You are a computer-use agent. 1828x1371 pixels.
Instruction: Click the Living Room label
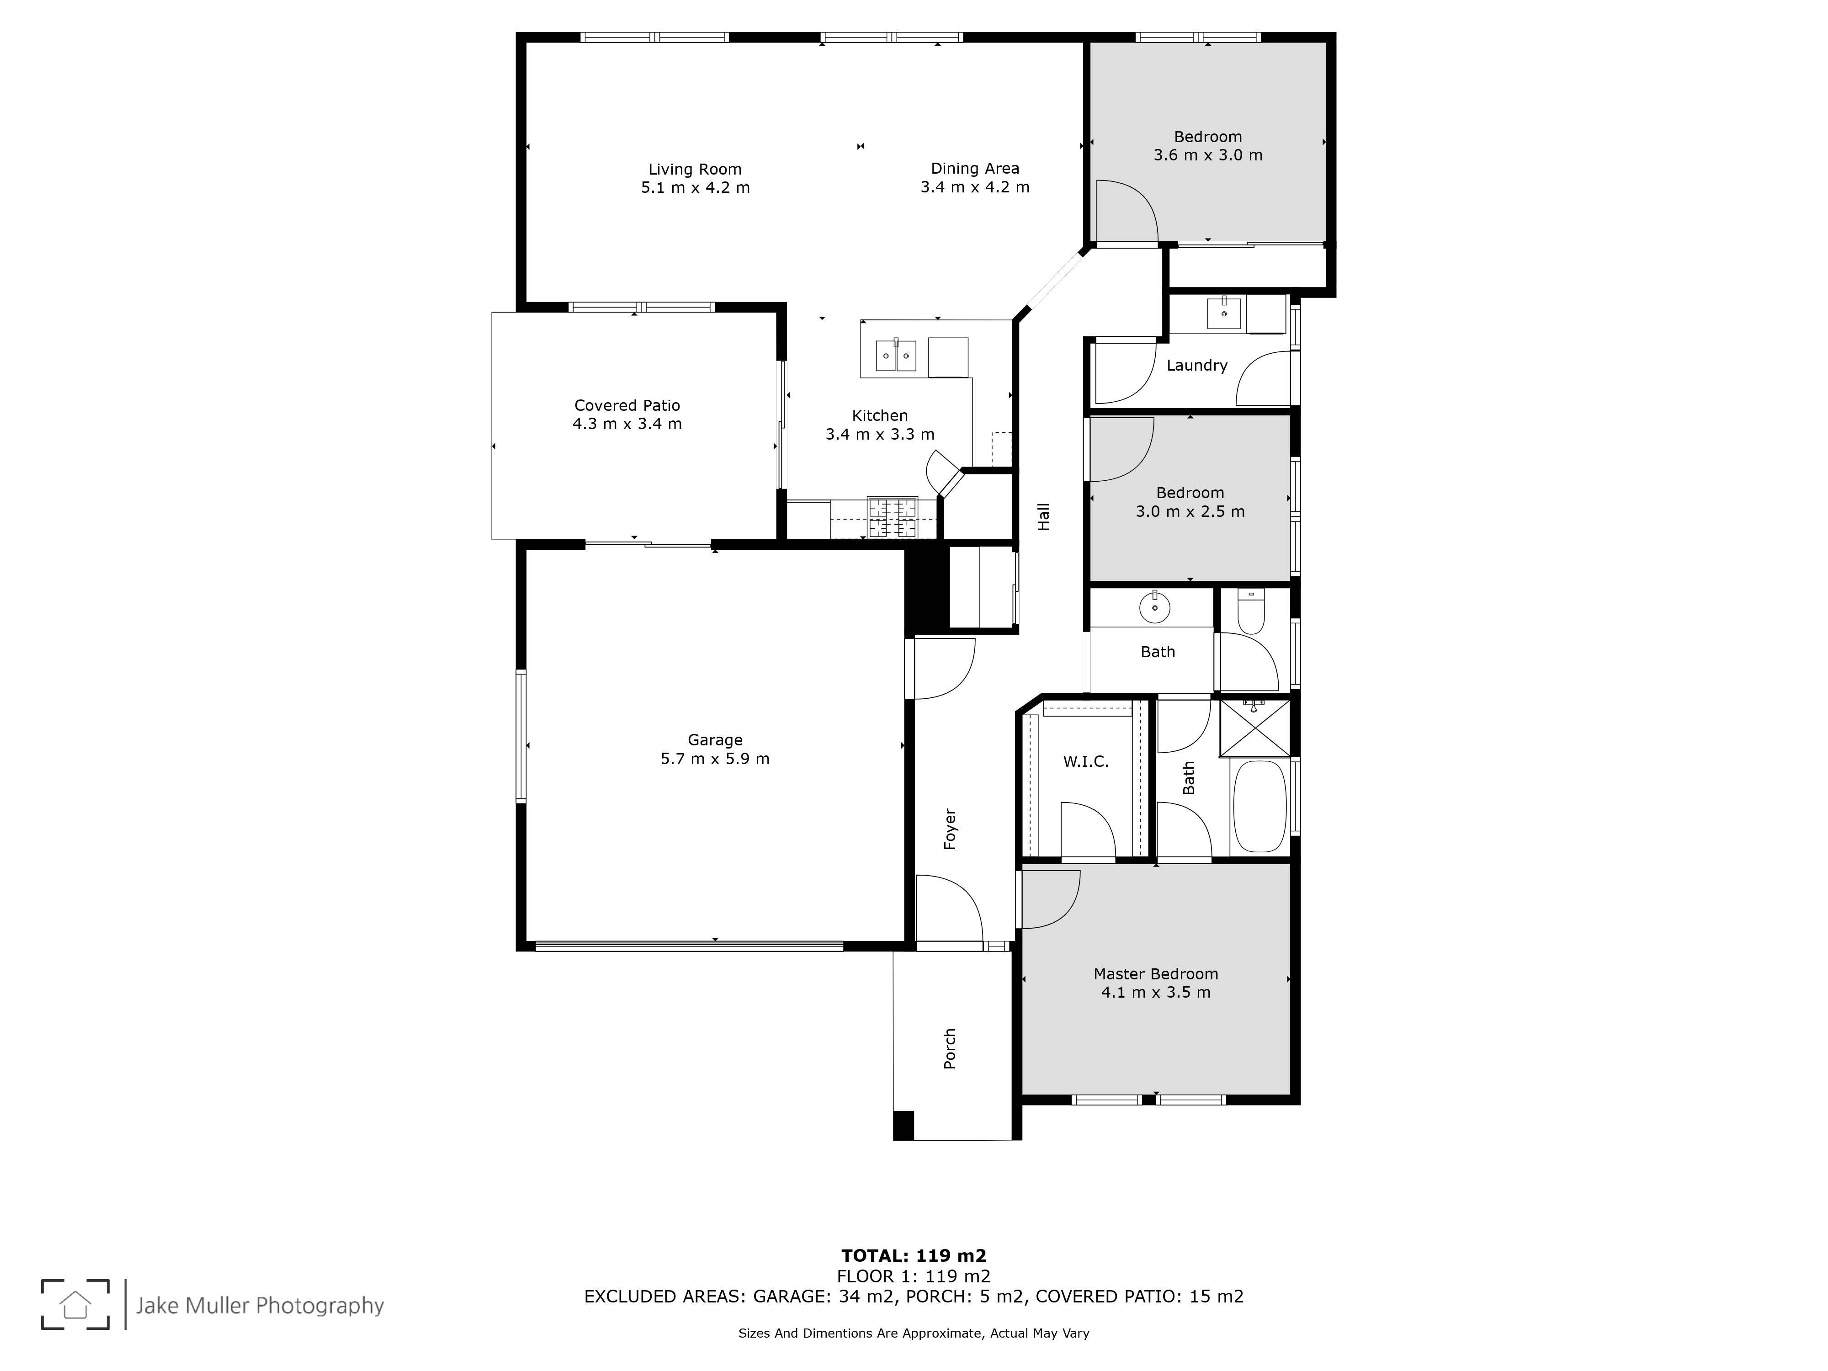click(x=695, y=170)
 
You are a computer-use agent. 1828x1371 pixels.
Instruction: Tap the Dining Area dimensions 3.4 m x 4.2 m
click(x=975, y=187)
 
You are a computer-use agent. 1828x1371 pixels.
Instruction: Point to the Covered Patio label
click(x=627, y=406)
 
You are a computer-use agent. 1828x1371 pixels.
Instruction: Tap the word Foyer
click(x=951, y=829)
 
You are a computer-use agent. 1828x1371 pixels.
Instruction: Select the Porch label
click(x=951, y=1049)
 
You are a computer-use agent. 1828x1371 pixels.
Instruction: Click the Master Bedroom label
click(x=1155, y=974)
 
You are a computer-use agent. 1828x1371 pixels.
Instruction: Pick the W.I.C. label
click(x=1086, y=762)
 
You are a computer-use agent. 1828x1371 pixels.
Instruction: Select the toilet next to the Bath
click(x=1251, y=611)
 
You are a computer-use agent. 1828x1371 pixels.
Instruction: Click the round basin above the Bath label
click(x=1154, y=608)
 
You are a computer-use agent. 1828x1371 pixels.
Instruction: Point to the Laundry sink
click(x=1224, y=313)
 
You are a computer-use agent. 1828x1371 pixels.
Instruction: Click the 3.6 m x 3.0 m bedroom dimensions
click(x=1208, y=155)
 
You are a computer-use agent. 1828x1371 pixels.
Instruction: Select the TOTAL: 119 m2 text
click(x=914, y=1257)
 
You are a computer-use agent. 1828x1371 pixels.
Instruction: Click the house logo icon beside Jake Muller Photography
click(x=75, y=1305)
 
